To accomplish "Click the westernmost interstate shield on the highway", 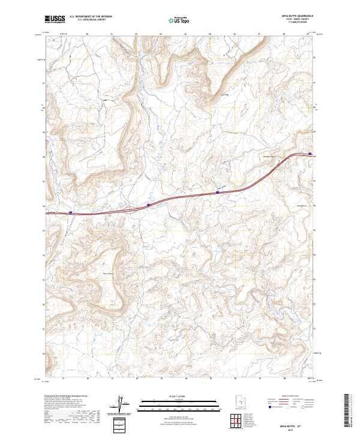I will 70,212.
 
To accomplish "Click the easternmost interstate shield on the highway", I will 310,154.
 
